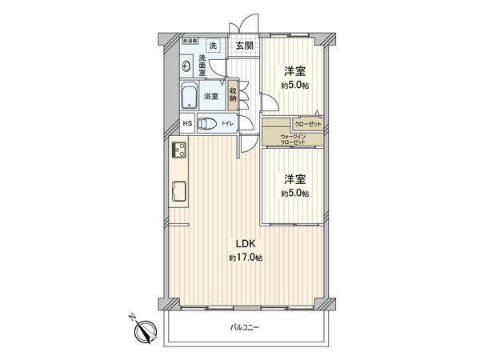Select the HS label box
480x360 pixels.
click(x=186, y=124)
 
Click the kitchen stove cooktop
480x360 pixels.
click(x=177, y=150)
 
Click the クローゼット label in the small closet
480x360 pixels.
click(x=307, y=124)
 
